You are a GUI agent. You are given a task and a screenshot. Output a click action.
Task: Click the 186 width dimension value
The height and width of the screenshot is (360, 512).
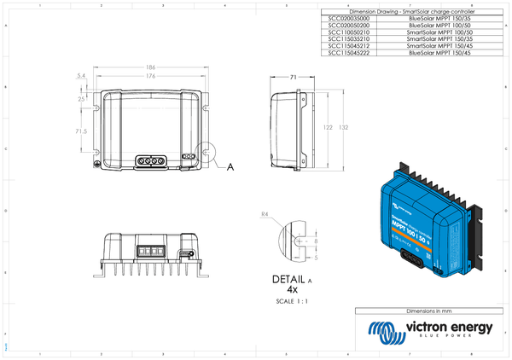[x=150, y=67]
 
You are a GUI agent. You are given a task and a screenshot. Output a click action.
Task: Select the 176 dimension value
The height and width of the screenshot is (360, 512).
[x=150, y=76]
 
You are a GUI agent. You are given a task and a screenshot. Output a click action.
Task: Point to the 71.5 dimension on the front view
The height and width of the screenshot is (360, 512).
[x=81, y=131]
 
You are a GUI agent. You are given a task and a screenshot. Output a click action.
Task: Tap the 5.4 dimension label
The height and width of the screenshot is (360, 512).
[x=81, y=77]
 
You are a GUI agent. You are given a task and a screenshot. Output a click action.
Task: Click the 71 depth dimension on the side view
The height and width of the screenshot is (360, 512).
[x=293, y=77]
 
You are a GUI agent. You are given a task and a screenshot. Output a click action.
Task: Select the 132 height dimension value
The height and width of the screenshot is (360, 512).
[x=343, y=127]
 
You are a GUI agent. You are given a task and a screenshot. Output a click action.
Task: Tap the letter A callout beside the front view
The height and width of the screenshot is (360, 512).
[x=230, y=167]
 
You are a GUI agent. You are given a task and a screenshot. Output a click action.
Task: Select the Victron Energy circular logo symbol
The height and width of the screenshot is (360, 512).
[x=380, y=331]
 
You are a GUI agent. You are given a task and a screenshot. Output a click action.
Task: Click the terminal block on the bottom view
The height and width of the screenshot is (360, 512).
[x=150, y=251]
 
